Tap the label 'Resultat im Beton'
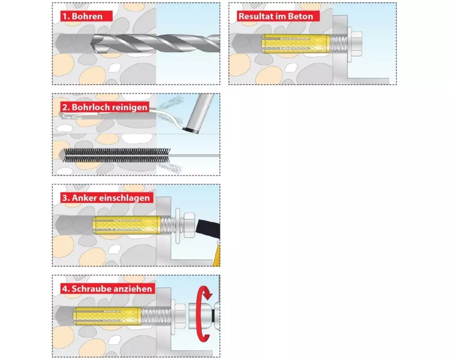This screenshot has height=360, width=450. [x=276, y=16]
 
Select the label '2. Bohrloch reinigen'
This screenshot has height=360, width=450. [x=105, y=107]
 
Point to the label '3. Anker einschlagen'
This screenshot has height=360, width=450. [x=107, y=198]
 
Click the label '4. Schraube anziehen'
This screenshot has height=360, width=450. [x=108, y=288]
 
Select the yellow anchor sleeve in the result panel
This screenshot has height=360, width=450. [x=296, y=43]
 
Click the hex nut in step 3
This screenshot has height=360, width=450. [x=189, y=225]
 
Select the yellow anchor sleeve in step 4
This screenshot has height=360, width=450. [x=107, y=316]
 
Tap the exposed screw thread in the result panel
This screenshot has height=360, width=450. [x=339, y=43]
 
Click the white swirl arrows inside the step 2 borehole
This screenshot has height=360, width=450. [x=73, y=116]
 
